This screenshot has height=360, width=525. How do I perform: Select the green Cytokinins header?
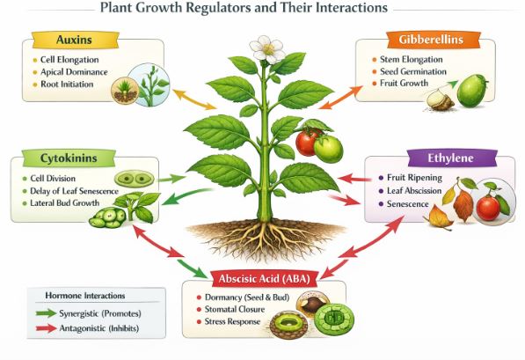[x=62, y=158]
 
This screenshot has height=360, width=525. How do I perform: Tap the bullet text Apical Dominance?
[x=70, y=72]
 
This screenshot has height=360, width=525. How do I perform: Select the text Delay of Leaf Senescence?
[x=79, y=190]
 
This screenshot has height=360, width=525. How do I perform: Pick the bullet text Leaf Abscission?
[x=419, y=190]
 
